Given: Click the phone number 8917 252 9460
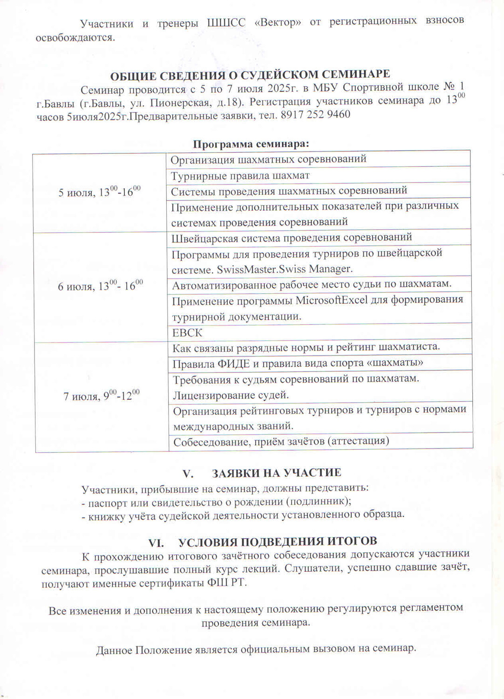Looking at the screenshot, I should [x=315, y=115].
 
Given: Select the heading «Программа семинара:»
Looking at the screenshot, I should [x=251, y=144].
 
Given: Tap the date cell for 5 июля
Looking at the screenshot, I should [x=99, y=192].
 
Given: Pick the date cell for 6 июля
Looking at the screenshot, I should [x=100, y=286].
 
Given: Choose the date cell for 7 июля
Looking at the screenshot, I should [x=102, y=396].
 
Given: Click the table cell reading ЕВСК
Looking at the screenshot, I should [x=187, y=333].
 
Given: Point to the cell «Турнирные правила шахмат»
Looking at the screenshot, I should [x=240, y=176].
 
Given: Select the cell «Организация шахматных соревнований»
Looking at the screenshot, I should [x=268, y=159].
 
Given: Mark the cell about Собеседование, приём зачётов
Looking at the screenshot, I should [x=281, y=441].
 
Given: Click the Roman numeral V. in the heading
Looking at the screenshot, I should [x=188, y=473].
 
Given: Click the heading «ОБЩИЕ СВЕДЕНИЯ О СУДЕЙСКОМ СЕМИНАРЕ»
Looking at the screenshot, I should [x=250, y=75].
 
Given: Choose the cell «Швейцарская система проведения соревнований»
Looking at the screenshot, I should [x=292, y=237].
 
